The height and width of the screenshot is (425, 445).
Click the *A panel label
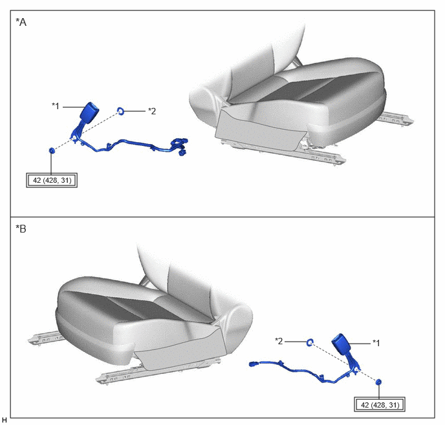click(x=21, y=22)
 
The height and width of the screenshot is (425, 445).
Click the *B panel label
click(x=21, y=229)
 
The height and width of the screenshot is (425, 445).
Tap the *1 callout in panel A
click(x=56, y=106)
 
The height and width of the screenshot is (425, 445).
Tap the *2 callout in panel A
click(x=152, y=111)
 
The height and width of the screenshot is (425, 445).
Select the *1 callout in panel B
click(x=376, y=343)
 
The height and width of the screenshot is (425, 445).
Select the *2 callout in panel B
click(x=279, y=341)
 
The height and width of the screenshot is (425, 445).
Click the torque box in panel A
click(x=52, y=180)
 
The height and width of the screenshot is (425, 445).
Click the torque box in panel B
click(x=380, y=404)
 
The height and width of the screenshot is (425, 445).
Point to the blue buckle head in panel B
click(x=342, y=344)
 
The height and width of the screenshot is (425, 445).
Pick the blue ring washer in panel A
click(x=120, y=111)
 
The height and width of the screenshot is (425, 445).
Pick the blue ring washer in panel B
click(x=310, y=342)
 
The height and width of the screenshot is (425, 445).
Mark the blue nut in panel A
click(x=52, y=150)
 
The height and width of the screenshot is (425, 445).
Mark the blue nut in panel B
click(x=378, y=382)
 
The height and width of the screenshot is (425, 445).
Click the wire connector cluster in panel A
click(x=179, y=146)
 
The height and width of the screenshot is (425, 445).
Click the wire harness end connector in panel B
click(x=254, y=364)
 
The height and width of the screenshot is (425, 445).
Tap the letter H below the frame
click(x=5, y=420)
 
